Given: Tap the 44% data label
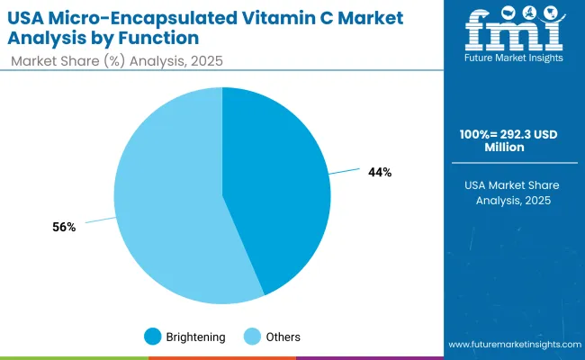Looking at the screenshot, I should pos(380,172).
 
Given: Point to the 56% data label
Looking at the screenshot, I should pos(64,228).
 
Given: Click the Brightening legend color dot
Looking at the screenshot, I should pos(152,337).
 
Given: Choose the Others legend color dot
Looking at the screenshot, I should pos(255,337).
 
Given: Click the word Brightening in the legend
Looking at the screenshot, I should pos(195,337).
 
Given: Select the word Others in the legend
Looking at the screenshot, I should pos(283,337).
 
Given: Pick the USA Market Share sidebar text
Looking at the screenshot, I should pos(513,184).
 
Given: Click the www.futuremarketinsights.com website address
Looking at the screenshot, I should pos(513,345).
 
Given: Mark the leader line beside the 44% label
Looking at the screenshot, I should pos(345,170).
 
